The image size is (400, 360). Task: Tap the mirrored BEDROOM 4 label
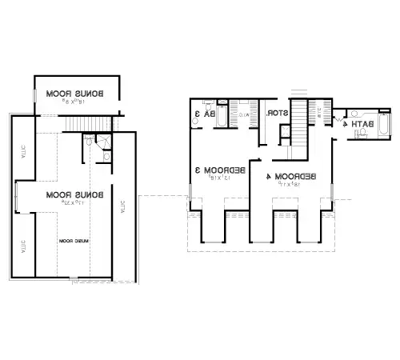(294, 175)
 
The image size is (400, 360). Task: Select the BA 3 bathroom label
(210, 114)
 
